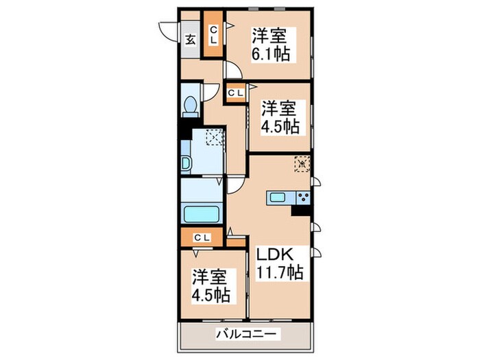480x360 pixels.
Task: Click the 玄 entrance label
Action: pyautogui.click(x=190, y=38)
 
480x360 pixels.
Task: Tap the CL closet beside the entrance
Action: pyautogui.click(x=213, y=34)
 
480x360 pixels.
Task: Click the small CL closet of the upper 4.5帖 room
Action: pyautogui.click(x=235, y=91)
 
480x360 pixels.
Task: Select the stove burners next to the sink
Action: pyautogui.click(x=302, y=198)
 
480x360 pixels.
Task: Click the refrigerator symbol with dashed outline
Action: pyautogui.click(x=302, y=165)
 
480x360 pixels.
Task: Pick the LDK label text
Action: pyautogui.click(x=276, y=254)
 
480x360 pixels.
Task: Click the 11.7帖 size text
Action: pyautogui.click(x=280, y=272)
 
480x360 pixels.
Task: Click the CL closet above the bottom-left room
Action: pyautogui.click(x=202, y=237)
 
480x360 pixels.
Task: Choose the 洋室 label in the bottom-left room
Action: pyautogui.click(x=209, y=278)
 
